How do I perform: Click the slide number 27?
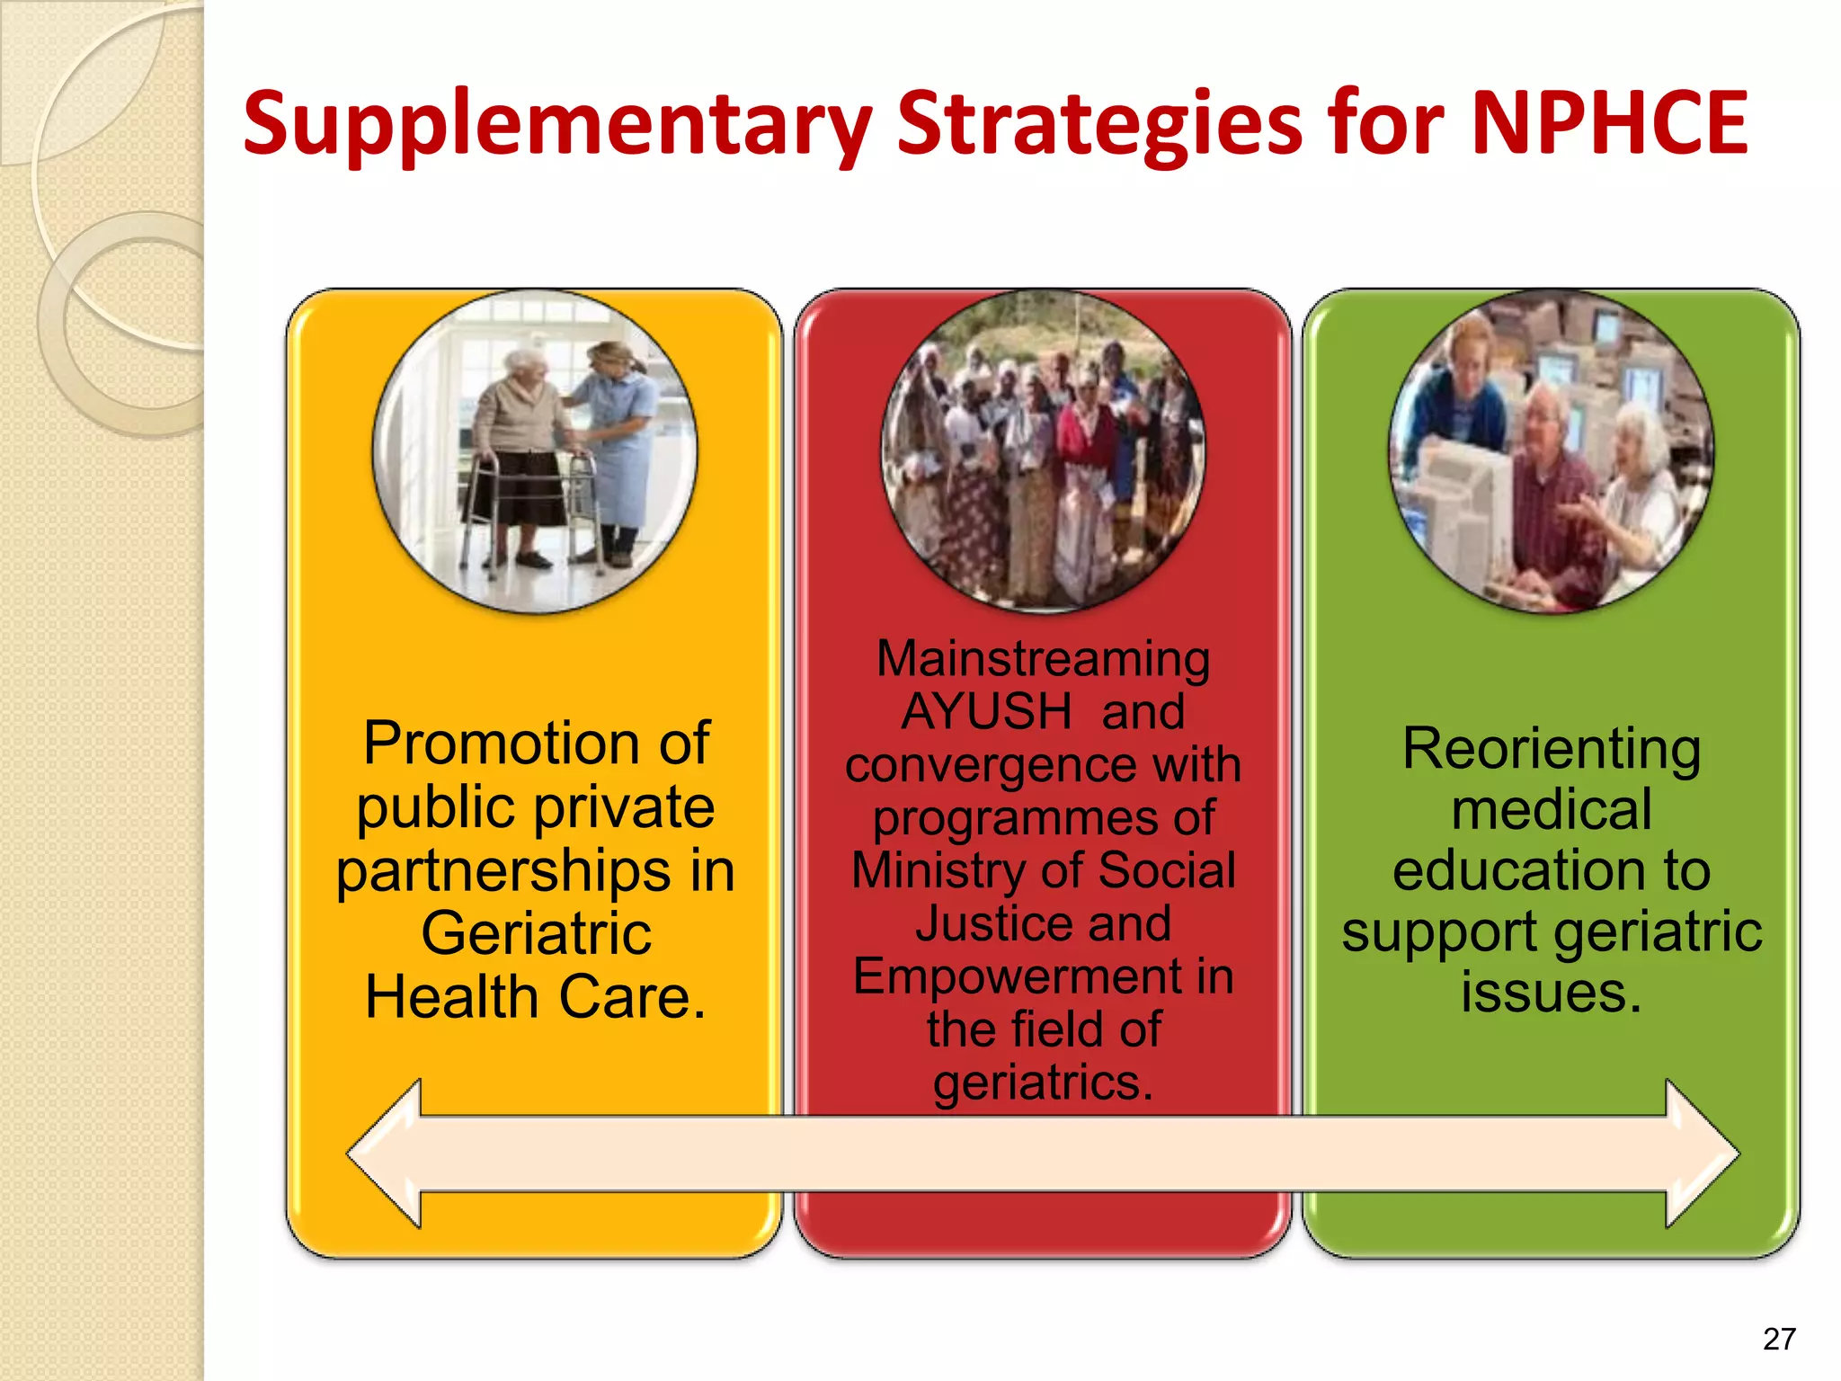[1779, 1339]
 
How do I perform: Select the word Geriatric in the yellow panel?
[536, 933]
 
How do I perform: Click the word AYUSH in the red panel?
[986, 712]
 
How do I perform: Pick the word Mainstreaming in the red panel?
[1043, 659]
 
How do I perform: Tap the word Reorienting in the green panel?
[1551, 749]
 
